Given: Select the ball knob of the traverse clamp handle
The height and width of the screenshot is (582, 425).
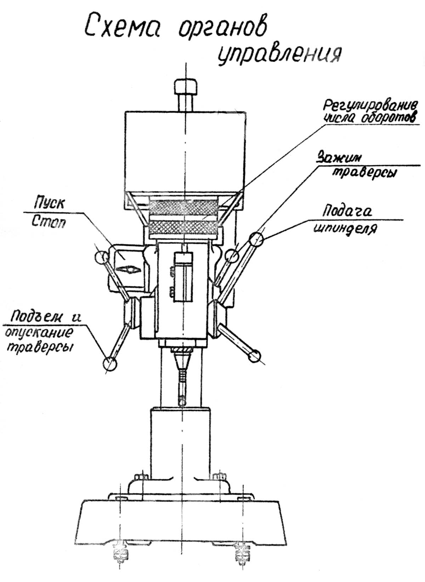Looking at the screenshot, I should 232,255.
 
